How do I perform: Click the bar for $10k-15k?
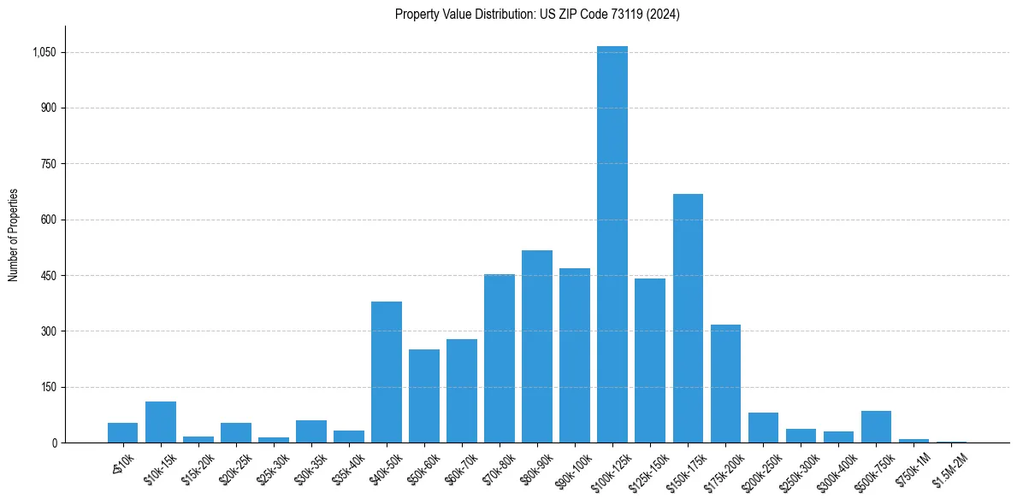[161, 422]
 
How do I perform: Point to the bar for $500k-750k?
[876, 427]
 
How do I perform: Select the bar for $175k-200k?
[725, 384]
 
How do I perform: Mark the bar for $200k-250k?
[763, 427]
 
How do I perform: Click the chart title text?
[537, 14]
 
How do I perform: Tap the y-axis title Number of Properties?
[14, 235]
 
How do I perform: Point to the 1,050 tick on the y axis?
[44, 52]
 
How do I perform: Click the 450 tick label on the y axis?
[49, 276]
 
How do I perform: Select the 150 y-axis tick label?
[49, 387]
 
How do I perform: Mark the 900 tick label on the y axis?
[49, 108]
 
